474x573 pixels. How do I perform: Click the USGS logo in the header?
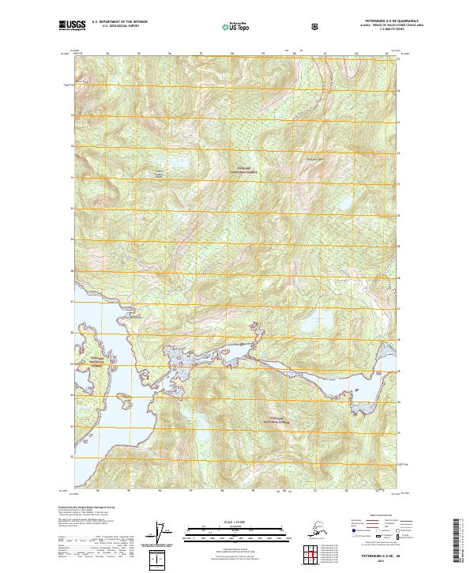[x=72, y=27]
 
